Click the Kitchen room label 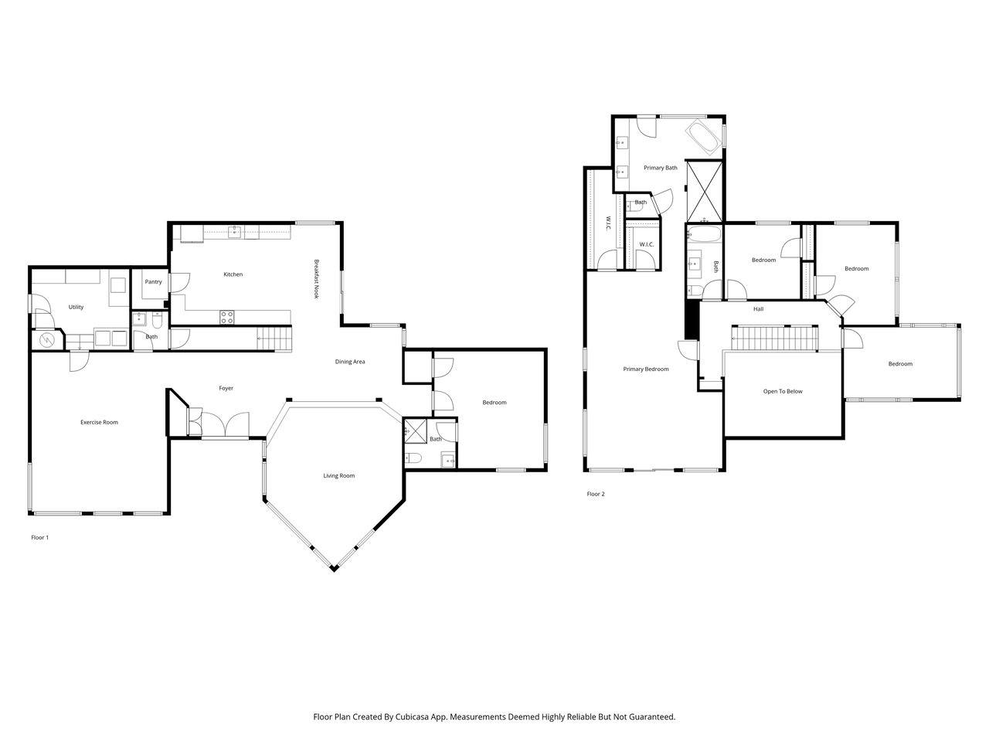(x=233, y=274)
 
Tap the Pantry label (x=153, y=282)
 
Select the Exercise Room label (x=99, y=422)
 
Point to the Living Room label (x=339, y=476)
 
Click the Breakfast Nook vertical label (x=316, y=279)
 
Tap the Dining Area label (x=350, y=362)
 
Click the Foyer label (x=226, y=388)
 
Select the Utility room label (x=76, y=308)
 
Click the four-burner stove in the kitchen (x=226, y=317)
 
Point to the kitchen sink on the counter (x=234, y=232)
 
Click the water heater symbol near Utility (x=46, y=340)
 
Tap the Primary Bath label (x=661, y=168)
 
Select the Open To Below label (x=783, y=392)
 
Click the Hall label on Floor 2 (x=758, y=309)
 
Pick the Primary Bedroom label (x=646, y=369)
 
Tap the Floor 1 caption (x=39, y=537)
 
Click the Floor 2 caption (x=596, y=494)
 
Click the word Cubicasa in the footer (x=413, y=716)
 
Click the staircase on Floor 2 (x=774, y=339)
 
